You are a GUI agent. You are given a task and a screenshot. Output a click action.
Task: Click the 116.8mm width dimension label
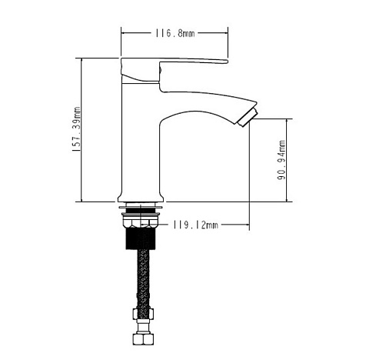click(x=175, y=33)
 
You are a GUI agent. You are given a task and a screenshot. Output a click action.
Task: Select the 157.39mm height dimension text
click(x=77, y=129)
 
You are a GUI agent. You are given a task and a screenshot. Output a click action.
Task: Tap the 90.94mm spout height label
click(x=281, y=160)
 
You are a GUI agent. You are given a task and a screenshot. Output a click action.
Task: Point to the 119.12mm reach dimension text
click(x=196, y=225)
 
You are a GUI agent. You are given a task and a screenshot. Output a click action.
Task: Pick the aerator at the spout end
click(x=248, y=118)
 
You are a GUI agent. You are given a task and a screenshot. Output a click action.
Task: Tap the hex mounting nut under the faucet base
click(x=141, y=222)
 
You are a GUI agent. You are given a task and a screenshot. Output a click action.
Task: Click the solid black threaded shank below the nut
click(x=141, y=238)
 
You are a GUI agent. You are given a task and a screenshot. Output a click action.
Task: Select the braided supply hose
click(x=143, y=278)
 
